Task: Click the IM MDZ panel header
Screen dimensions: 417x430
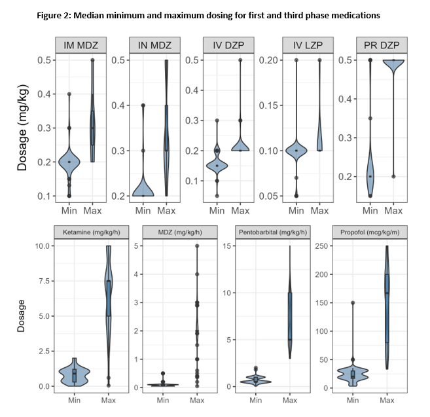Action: tap(81, 45)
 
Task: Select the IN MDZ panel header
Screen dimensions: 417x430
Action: tap(154, 45)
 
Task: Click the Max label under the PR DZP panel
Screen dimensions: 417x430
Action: tap(393, 210)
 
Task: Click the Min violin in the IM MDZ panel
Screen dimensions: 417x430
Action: tap(69, 161)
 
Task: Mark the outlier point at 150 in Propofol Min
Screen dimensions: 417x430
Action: tap(353, 303)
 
